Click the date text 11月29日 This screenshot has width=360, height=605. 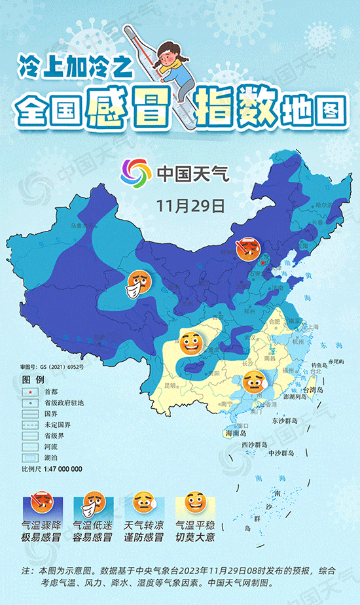190,205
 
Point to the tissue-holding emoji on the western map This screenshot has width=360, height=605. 137,282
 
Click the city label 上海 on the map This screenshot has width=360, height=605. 314,326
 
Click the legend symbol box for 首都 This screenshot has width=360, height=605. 31,390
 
